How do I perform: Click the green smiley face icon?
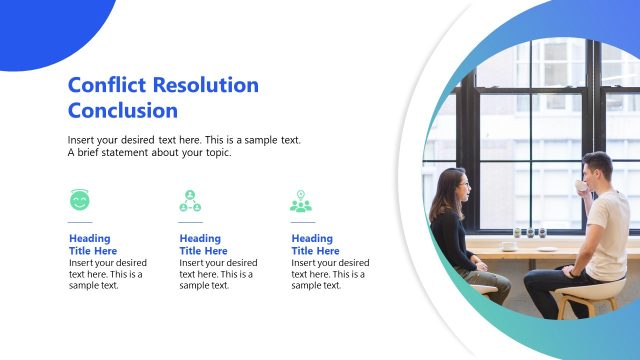(x=80, y=200)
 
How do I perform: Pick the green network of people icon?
(x=190, y=201)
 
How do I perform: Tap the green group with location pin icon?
(x=301, y=201)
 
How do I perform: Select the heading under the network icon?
(x=203, y=245)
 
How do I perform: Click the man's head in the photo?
(x=597, y=168)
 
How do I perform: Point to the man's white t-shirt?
(x=607, y=235)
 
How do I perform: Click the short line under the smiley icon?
(x=80, y=222)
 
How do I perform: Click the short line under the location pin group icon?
(x=302, y=222)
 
